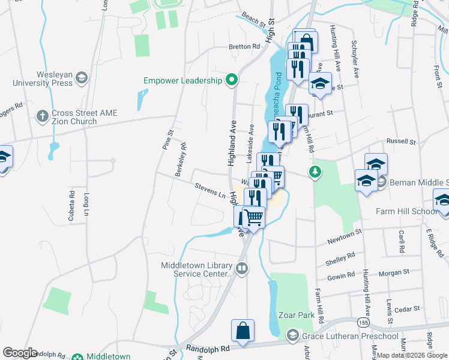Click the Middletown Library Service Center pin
coord(242,269)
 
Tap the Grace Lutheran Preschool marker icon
coord(292,335)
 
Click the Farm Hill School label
coord(406,211)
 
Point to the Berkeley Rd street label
coord(181,158)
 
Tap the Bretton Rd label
coord(244,46)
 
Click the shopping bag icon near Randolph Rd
coord(243,331)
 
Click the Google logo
coord(20,352)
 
